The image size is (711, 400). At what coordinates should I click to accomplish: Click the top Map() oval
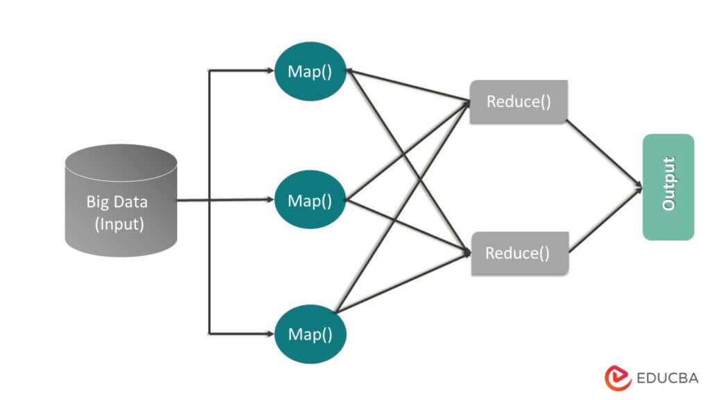310,72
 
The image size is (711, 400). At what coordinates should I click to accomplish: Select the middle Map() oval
310,201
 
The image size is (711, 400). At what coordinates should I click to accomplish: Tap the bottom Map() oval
310,334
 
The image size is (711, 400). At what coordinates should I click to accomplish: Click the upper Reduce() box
519,101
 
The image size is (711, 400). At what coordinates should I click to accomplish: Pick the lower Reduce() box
520,253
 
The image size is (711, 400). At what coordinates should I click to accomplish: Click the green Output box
668,187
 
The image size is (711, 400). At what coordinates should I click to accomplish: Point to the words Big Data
117,202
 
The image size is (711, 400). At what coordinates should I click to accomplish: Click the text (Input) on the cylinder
119,224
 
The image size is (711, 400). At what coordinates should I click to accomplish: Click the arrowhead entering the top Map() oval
270,70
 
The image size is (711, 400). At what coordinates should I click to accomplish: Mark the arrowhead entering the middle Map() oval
270,200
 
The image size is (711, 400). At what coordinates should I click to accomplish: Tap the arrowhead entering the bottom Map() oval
270,333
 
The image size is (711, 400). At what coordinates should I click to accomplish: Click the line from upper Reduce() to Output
603,152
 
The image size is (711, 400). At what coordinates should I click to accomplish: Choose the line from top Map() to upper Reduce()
410,86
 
